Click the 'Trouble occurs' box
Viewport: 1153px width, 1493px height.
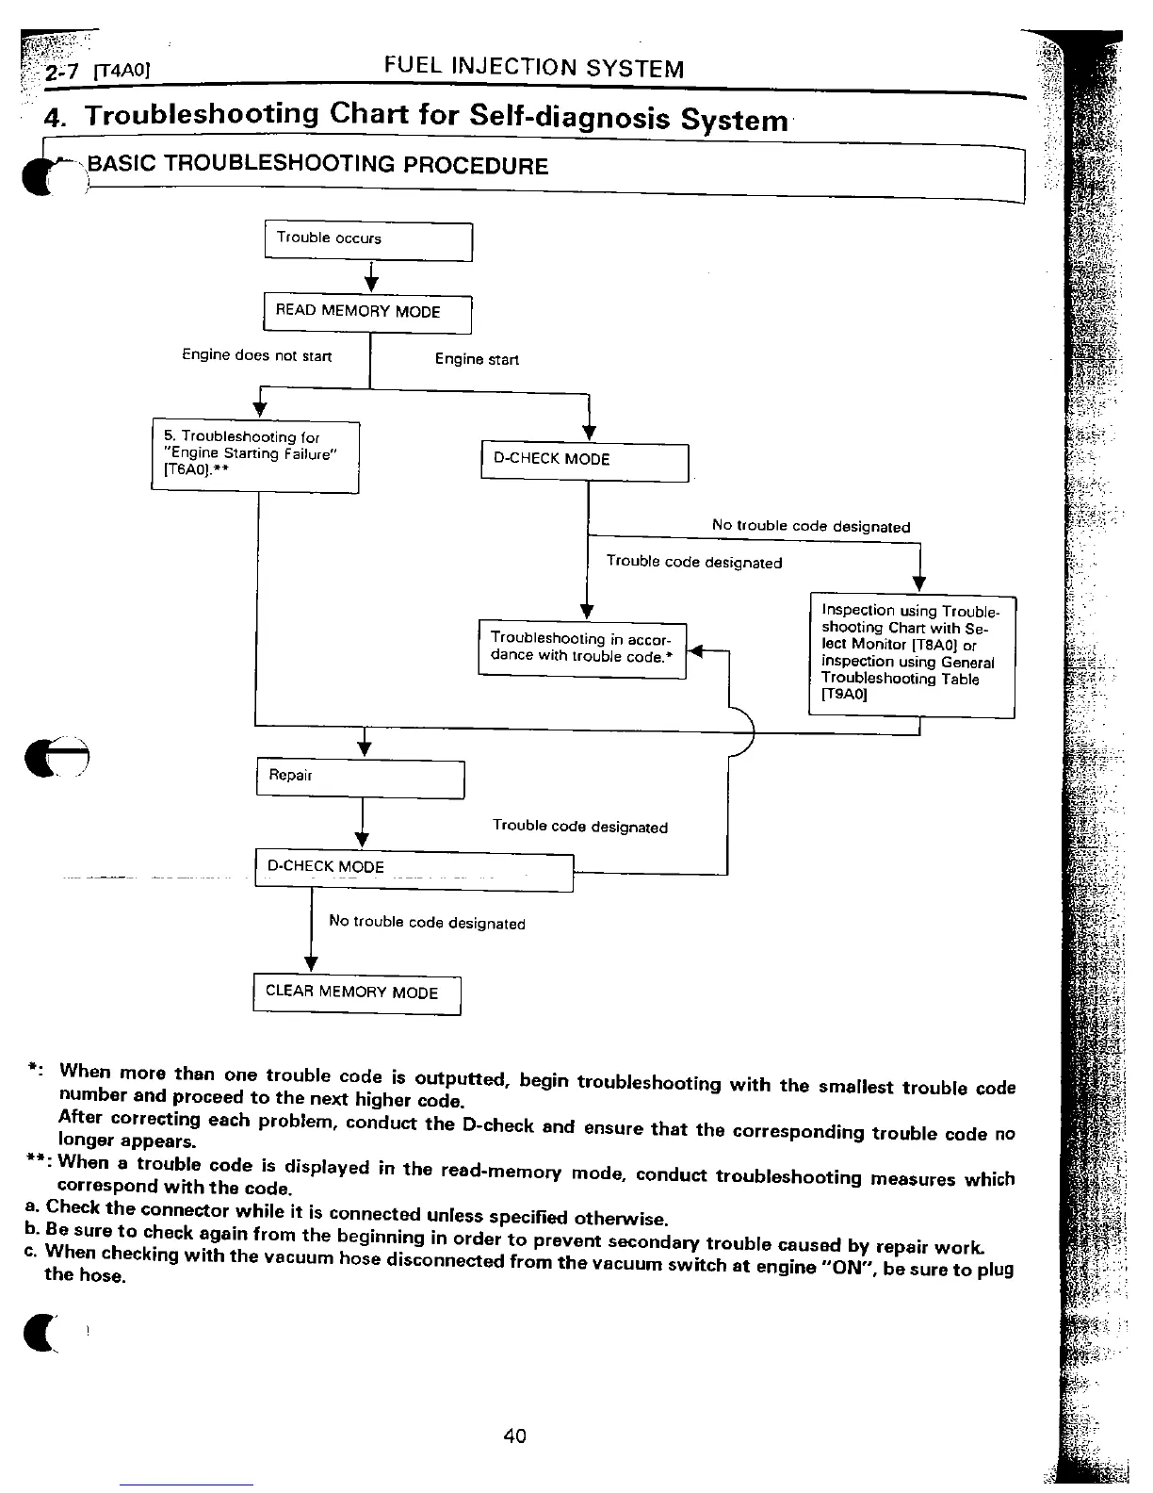tap(367, 241)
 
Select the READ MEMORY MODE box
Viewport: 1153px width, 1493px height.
tap(366, 313)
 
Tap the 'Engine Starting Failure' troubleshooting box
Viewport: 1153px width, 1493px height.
tap(255, 455)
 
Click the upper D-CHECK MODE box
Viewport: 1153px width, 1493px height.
tap(584, 461)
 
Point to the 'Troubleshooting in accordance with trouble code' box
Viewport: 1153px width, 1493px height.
tap(582, 648)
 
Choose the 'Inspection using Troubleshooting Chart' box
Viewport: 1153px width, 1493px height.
tap(912, 655)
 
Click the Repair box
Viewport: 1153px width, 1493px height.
tap(360, 778)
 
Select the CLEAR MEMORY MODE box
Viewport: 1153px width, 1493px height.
tap(356, 993)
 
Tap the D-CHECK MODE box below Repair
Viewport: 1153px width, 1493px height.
tap(414, 869)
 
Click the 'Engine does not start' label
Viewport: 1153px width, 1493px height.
tap(256, 355)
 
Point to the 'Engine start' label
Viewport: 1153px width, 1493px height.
tap(477, 360)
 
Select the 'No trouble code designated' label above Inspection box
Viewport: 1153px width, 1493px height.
tap(810, 527)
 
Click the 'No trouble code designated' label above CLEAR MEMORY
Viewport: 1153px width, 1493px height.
tap(427, 924)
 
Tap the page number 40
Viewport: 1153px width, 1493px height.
tap(514, 1436)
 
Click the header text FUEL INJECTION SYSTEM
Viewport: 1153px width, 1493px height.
tap(534, 68)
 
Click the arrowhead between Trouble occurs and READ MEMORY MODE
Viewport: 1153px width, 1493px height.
tap(372, 285)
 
